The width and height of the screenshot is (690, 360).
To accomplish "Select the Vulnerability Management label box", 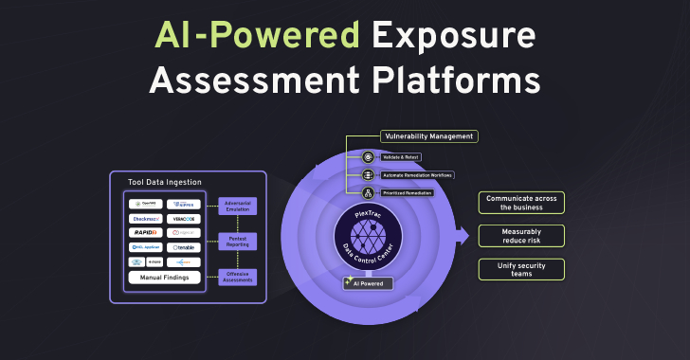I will point(428,136).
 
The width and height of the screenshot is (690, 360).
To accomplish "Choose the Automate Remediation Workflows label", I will point(416,175).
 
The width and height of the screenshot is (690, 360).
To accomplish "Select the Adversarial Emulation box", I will point(237,206).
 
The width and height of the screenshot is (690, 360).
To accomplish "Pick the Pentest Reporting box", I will point(237,241).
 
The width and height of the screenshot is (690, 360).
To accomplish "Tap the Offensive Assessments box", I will point(237,276).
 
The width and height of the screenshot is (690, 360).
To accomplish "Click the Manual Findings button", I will point(164,278).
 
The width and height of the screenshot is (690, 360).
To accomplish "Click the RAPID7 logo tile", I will point(145,232).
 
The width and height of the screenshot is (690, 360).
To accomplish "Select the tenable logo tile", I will point(184,246).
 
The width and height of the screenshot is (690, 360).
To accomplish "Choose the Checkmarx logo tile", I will point(145,218).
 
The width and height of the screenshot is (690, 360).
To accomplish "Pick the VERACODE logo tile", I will point(184,218).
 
